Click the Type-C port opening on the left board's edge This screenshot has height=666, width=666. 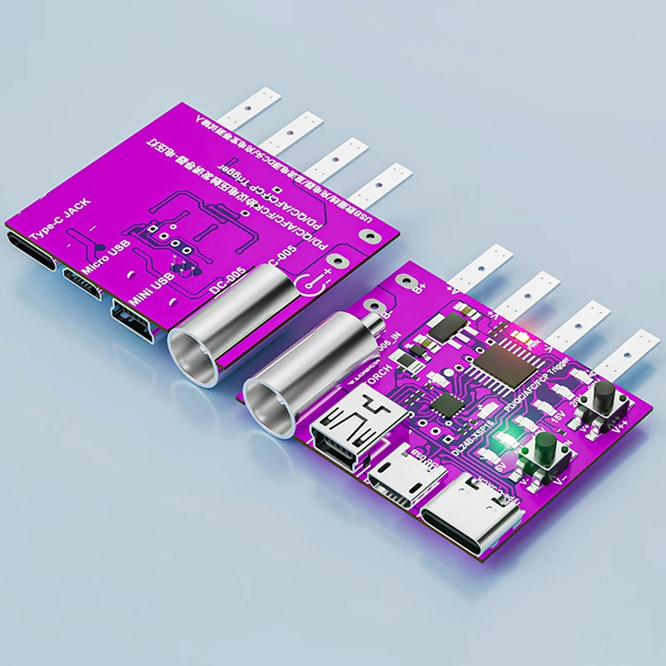(32, 252)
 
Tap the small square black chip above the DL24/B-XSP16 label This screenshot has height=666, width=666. (448, 405)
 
